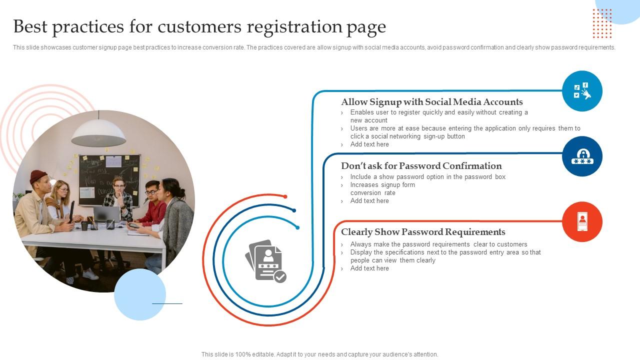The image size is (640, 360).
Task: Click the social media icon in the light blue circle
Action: click(582, 91)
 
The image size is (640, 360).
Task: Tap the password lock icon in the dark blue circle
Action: click(582, 156)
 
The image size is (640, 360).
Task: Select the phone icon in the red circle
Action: click(582, 221)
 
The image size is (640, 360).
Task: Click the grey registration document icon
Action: click(265, 260)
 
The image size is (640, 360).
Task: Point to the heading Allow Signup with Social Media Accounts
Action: click(432, 102)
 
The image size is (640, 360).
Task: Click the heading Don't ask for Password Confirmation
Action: click(421, 166)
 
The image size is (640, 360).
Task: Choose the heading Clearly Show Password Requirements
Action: click(423, 232)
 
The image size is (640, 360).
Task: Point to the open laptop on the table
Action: click(106, 214)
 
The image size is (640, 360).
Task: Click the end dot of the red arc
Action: click(285, 196)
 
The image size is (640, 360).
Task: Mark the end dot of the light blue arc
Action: click(297, 227)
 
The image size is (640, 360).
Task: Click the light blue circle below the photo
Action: click(140, 294)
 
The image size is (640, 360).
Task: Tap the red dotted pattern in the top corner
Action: click(602, 23)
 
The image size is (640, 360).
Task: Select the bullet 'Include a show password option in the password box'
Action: click(428, 177)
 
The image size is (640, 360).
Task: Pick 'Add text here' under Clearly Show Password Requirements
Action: click(369, 268)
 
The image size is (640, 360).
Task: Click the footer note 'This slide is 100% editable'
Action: click(319, 354)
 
